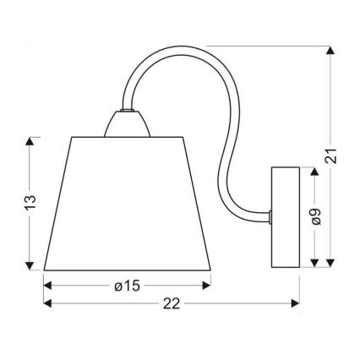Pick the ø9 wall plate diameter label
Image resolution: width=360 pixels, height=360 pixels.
pos(315,215)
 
